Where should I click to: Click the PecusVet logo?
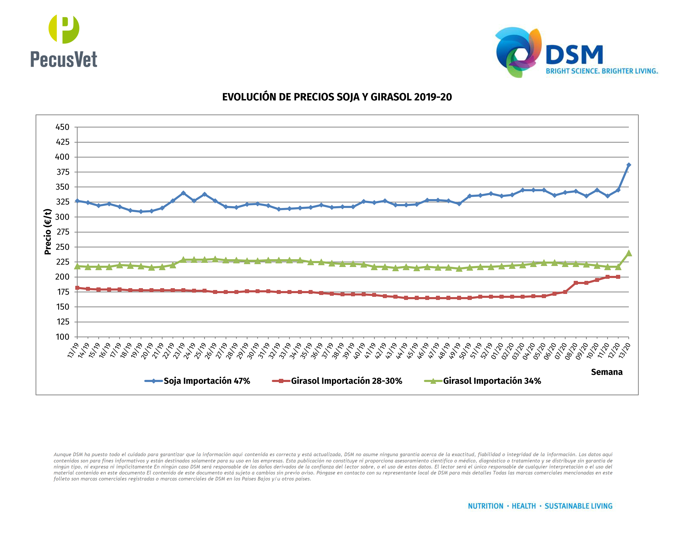pyautogui.click(x=64, y=41)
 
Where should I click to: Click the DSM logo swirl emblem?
pyautogui.click(x=518, y=52)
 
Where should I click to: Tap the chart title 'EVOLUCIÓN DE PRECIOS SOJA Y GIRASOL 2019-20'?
pyautogui.click(x=337, y=97)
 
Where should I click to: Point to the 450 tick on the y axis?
pyautogui.click(x=62, y=127)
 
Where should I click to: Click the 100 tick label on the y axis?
pyautogui.click(x=62, y=337)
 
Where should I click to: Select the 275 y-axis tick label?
pyautogui.click(x=62, y=232)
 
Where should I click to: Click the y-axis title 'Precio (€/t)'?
pyautogui.click(x=48, y=231)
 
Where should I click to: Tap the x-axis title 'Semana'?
pyautogui.click(x=606, y=372)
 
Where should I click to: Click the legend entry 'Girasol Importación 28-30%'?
pyautogui.click(x=346, y=381)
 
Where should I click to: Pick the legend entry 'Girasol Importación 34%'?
pyautogui.click(x=492, y=381)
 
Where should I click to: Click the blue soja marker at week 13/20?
pyautogui.click(x=628, y=165)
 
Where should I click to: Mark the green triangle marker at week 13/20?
pyautogui.click(x=628, y=253)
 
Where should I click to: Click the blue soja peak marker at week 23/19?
pyautogui.click(x=183, y=193)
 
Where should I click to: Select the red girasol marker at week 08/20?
pyautogui.click(x=576, y=283)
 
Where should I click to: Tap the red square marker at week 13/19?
pyautogui.click(x=77, y=288)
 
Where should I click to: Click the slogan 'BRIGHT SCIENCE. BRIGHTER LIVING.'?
pyautogui.click(x=602, y=71)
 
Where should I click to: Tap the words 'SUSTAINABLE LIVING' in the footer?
pyautogui.click(x=578, y=506)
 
